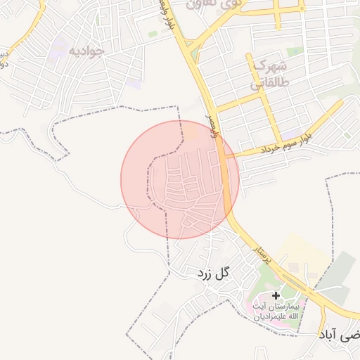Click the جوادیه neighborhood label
(x=87, y=51)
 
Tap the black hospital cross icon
(x=276, y=296)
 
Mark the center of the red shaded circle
(x=180, y=179)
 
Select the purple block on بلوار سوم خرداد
(x=290, y=134)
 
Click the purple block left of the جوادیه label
(x=58, y=51)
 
